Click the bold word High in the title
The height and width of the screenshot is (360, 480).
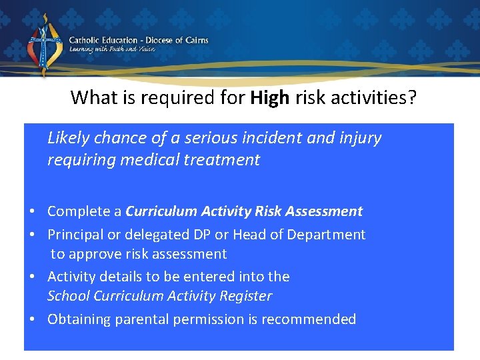270,98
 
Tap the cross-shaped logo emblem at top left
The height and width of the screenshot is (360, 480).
44,45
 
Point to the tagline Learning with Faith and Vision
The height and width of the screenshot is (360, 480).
112,49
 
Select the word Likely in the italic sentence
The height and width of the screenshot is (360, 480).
69,138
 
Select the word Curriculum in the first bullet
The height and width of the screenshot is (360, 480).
159,211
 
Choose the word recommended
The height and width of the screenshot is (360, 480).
309,319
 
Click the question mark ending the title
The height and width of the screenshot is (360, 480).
413,98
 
